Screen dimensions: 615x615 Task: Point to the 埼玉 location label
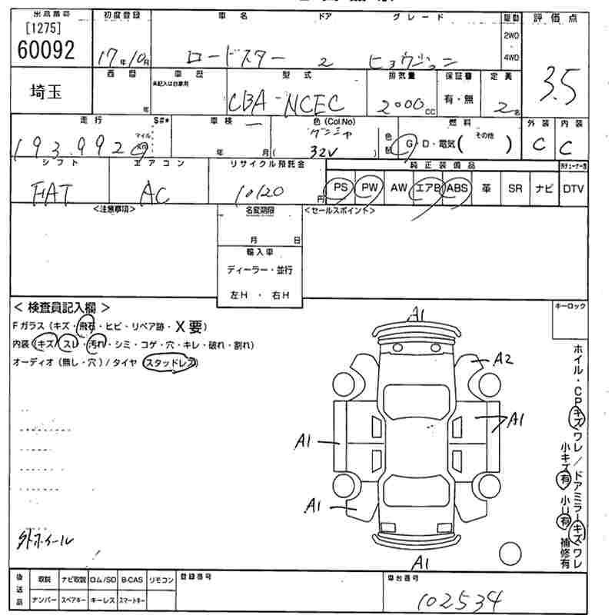coord(47,91)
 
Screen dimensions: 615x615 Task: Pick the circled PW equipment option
coord(370,188)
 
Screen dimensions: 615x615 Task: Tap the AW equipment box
coord(398,188)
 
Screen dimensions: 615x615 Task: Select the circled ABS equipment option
coord(456,188)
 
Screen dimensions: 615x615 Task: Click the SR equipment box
coord(515,188)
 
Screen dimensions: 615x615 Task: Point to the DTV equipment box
coord(573,188)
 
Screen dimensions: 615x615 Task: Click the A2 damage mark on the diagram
coord(503,358)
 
